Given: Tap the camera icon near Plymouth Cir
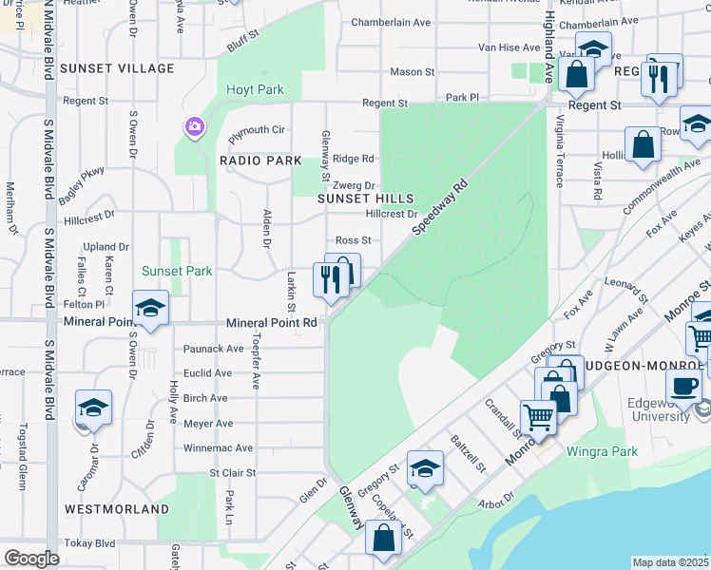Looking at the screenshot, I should (195, 126).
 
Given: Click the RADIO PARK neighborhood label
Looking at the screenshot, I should (260, 161).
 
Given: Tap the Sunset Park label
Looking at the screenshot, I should (177, 271).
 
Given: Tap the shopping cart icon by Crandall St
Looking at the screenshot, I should (538, 417).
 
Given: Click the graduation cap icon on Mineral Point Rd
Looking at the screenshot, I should (150, 308).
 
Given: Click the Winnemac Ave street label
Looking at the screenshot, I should (219, 447).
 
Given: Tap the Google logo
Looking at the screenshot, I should (30, 559).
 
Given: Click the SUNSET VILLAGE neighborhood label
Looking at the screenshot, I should (117, 68).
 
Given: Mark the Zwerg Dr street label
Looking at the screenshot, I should (357, 186).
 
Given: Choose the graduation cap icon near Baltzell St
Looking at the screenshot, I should (425, 467).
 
